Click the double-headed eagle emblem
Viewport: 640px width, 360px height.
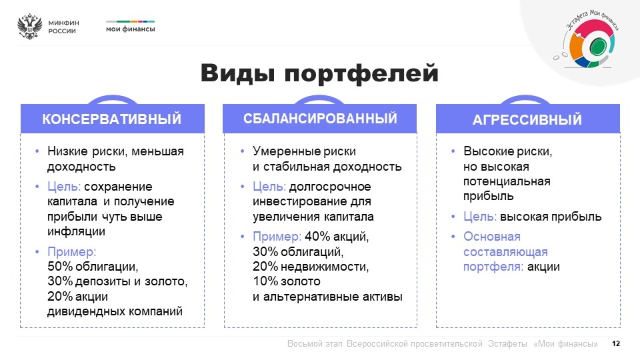(30, 27)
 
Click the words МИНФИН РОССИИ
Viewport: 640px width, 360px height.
(64, 27)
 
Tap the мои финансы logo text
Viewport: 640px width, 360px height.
(131, 29)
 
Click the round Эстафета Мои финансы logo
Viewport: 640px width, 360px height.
(588, 39)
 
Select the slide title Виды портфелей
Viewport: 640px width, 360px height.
(319, 73)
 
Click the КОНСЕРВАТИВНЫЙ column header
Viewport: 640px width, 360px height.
(112, 119)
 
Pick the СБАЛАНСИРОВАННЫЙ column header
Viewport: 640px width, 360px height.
(320, 119)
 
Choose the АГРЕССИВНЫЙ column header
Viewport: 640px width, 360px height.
(528, 119)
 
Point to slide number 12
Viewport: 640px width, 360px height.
(616, 344)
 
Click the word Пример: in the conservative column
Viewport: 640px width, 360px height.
(72, 251)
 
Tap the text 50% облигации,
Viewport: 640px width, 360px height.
(93, 267)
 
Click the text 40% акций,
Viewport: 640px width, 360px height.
(337, 236)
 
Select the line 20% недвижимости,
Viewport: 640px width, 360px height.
(311, 267)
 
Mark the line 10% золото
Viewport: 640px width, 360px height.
(287, 281)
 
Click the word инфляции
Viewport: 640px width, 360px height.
(76, 231)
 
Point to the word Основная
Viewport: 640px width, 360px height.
(492, 236)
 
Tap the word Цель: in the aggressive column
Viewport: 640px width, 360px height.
(480, 217)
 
